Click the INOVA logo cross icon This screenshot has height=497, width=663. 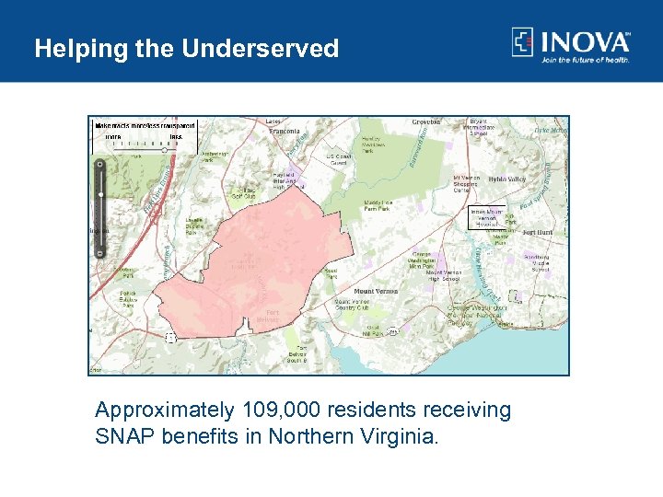point(523,42)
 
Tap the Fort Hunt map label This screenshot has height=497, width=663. point(537,233)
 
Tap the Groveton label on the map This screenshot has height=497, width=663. point(426,121)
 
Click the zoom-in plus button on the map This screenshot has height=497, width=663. point(100,163)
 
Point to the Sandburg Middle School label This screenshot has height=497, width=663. point(541,263)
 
